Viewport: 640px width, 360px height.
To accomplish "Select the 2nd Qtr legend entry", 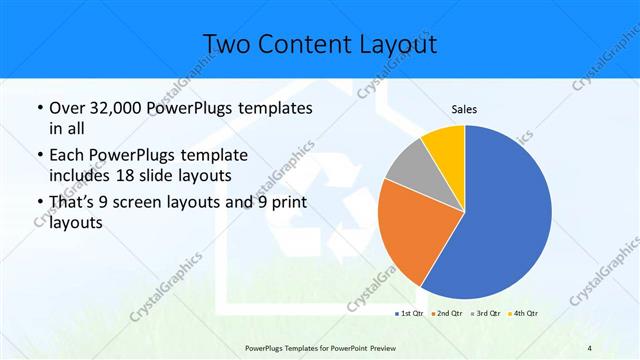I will coord(446,314).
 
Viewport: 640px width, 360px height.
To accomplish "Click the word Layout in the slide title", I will coord(393,44).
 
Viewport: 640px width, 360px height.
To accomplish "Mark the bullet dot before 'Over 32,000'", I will coord(39,108).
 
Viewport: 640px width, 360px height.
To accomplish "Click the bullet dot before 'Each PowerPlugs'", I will coord(39,155).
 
